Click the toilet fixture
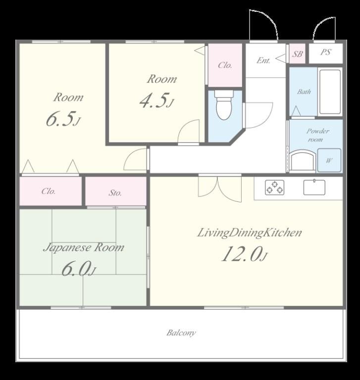[224, 105]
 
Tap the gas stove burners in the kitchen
[275, 188]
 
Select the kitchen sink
[314, 187]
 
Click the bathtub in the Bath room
[330, 92]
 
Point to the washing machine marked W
[329, 160]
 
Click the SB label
[298, 54]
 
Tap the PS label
[326, 52]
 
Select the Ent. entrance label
[263, 60]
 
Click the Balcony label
[181, 332]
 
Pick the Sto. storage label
[115, 193]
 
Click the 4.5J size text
[156, 100]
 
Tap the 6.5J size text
[63, 119]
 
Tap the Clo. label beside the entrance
[225, 65]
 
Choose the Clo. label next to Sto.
[48, 191]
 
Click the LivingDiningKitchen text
[250, 233]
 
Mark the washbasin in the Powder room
[302, 161]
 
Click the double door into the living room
[220, 188]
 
